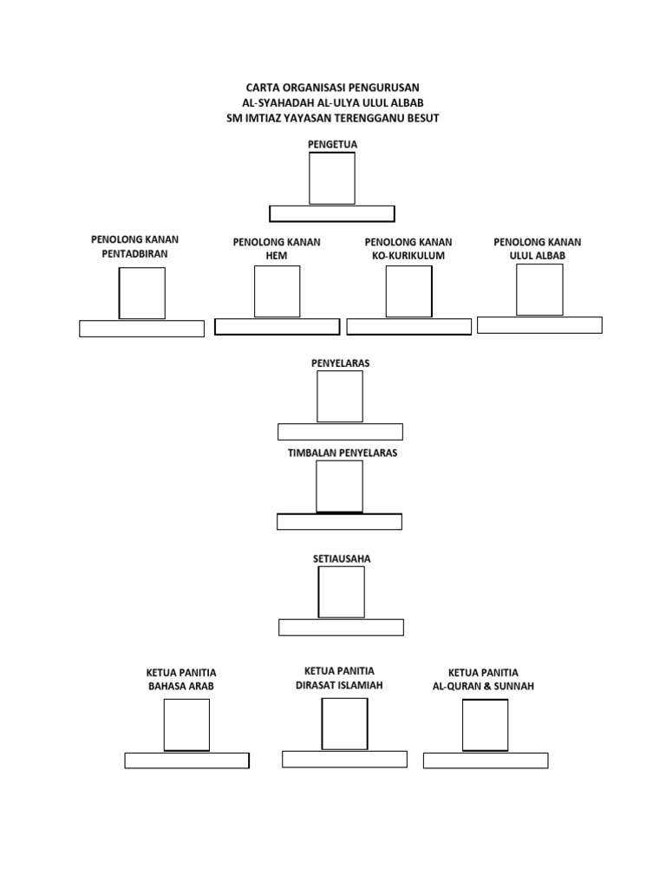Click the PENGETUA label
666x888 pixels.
[332, 144]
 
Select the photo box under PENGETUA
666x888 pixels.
[332, 179]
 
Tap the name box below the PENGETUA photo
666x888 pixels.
[332, 213]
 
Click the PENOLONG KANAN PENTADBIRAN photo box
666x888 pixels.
[141, 293]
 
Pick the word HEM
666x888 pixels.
[277, 256]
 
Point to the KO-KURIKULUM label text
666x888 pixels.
[408, 256]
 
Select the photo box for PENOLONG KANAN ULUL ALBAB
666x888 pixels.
[539, 290]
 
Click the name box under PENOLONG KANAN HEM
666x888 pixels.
[277, 326]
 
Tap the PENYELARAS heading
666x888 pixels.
[340, 363]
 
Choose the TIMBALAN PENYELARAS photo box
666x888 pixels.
[339, 486]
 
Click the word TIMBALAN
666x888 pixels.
[310, 453]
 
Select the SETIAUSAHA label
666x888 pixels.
[342, 558]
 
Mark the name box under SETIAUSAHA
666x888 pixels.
[341, 628]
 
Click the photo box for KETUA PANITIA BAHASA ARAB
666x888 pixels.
[186, 725]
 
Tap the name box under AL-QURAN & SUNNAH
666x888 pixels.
[486, 761]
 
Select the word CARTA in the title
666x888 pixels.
[265, 88]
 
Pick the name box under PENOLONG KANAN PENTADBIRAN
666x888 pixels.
[141, 329]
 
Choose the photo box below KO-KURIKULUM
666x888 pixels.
[408, 291]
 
